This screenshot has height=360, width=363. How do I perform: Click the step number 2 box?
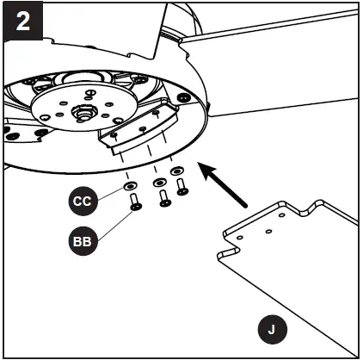click(x=22, y=21)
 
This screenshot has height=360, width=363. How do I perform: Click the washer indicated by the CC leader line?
click(x=129, y=186)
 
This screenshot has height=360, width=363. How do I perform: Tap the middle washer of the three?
click(x=158, y=183)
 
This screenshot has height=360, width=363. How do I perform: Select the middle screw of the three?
click(x=163, y=199)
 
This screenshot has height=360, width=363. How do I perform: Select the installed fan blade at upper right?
click(x=275, y=52)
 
